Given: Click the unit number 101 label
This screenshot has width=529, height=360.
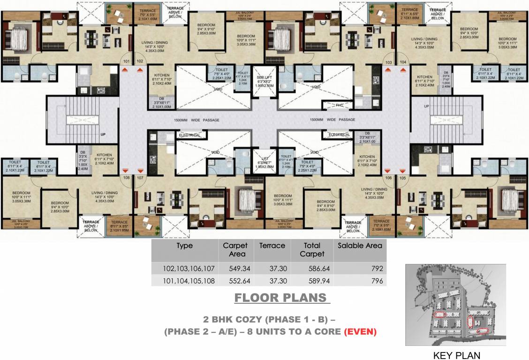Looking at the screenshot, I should click(126, 61).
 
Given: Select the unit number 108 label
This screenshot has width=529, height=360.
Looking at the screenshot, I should click(126, 178).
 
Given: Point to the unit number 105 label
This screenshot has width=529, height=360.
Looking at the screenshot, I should click(402, 178).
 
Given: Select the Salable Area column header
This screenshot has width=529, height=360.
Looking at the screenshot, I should click(360, 245).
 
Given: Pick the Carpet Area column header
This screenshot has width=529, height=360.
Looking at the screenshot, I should click(235, 249).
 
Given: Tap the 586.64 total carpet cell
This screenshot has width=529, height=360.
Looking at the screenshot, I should click(312, 269).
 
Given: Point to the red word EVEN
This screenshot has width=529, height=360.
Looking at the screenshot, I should click(361, 332).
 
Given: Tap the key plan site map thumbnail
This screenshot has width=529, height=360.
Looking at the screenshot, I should click(455, 305).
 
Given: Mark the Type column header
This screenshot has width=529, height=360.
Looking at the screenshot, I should click(184, 245).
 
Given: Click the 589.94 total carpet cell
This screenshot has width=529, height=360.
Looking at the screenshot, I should click(312, 281).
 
